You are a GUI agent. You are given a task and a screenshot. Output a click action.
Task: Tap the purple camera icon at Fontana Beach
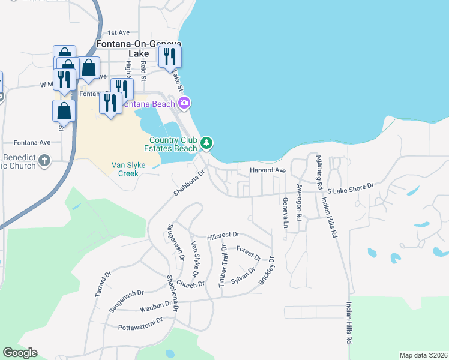(184, 103)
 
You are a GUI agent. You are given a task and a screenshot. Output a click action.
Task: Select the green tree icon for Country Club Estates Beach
(206, 143)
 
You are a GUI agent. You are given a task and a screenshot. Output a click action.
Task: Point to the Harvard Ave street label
(268, 170)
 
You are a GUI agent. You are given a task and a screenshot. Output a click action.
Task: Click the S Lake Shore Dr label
(349, 187)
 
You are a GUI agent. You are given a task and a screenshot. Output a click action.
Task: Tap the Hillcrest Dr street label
(223, 235)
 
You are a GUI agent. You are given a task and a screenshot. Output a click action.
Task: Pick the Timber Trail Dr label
(223, 265)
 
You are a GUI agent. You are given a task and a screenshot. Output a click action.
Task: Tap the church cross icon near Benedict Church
(45, 161)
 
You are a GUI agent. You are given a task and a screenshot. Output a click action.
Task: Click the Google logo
(20, 353)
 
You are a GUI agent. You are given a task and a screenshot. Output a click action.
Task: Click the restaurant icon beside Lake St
(172, 57)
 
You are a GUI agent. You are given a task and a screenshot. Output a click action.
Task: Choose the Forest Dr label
(248, 253)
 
